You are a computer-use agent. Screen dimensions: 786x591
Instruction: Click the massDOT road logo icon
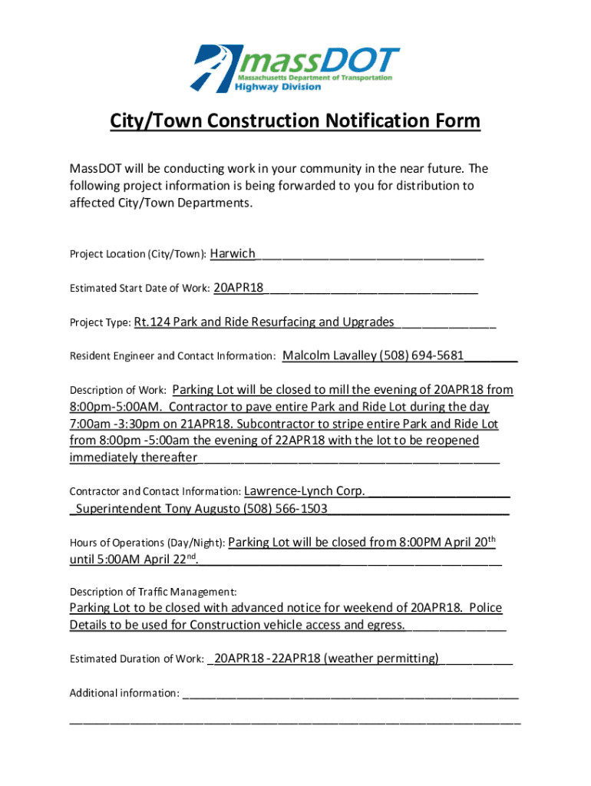[216, 68]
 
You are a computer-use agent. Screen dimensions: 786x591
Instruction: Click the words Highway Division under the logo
[278, 87]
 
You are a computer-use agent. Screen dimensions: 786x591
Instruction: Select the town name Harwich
[233, 253]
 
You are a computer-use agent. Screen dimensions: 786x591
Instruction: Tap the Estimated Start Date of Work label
[140, 289]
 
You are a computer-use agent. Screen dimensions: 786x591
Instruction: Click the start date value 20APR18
[239, 288]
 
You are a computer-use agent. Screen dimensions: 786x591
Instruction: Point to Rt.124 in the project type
[151, 322]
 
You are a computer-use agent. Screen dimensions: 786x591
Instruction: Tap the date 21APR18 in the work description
[190, 424]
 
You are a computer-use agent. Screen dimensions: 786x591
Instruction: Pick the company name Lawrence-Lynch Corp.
[304, 490]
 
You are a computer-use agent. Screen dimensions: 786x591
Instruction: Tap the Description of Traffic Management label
[153, 592]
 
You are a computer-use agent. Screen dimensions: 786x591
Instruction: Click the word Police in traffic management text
[485, 608]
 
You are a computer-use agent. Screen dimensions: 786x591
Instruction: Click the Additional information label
[124, 693]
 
